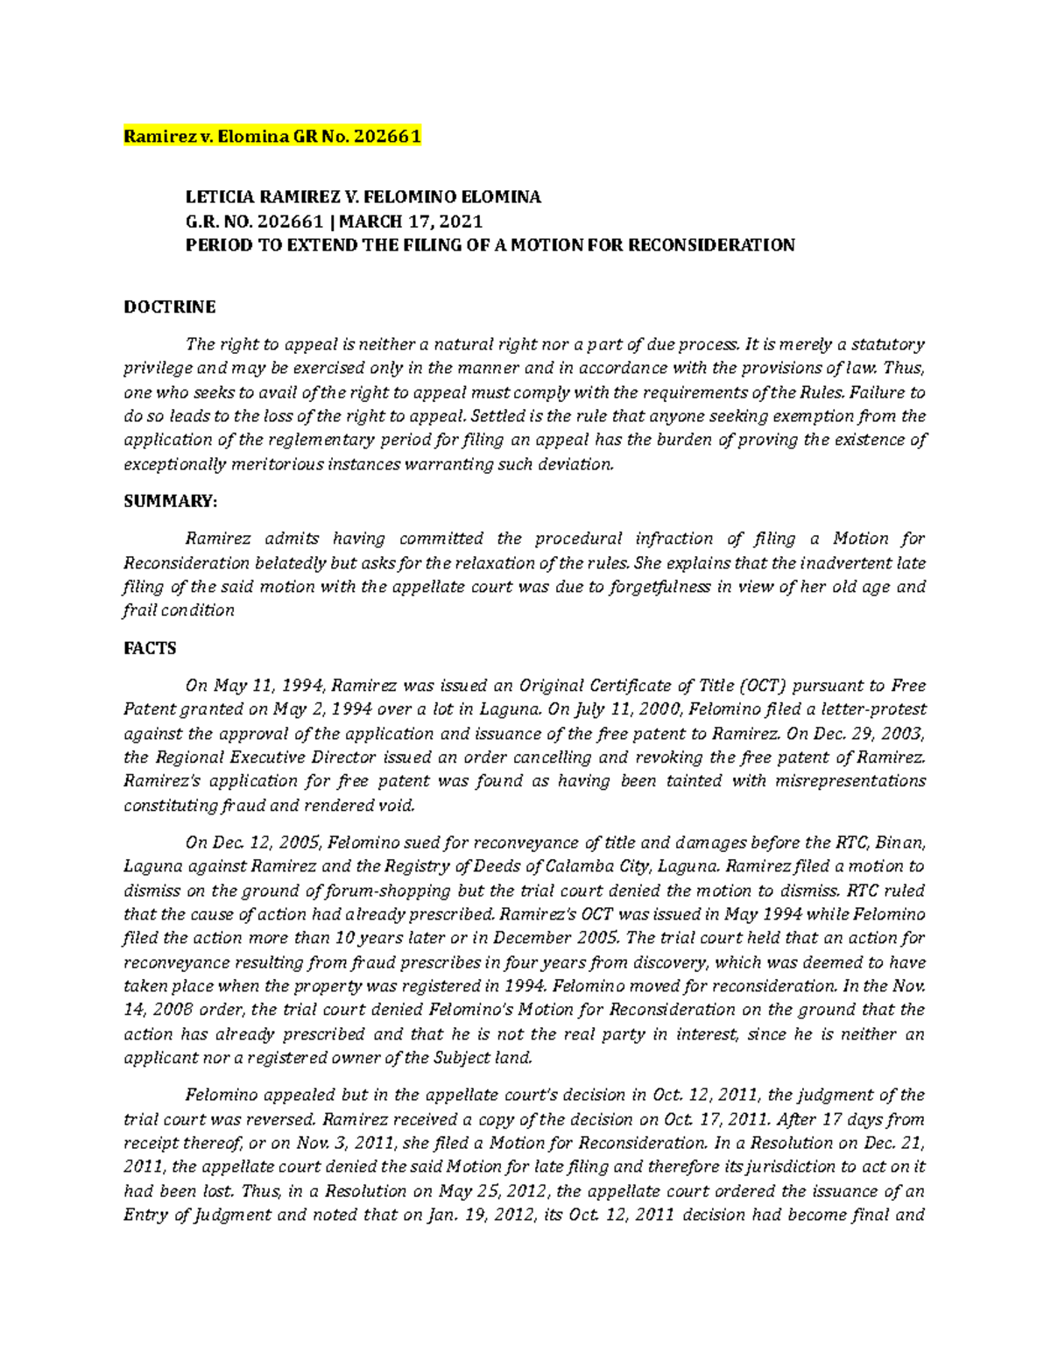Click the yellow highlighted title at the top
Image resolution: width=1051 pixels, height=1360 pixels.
(272, 137)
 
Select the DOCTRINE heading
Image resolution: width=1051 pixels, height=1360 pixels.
(169, 307)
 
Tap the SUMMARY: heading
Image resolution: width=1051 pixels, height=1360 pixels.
(169, 501)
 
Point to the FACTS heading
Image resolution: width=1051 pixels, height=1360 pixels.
(150, 648)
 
